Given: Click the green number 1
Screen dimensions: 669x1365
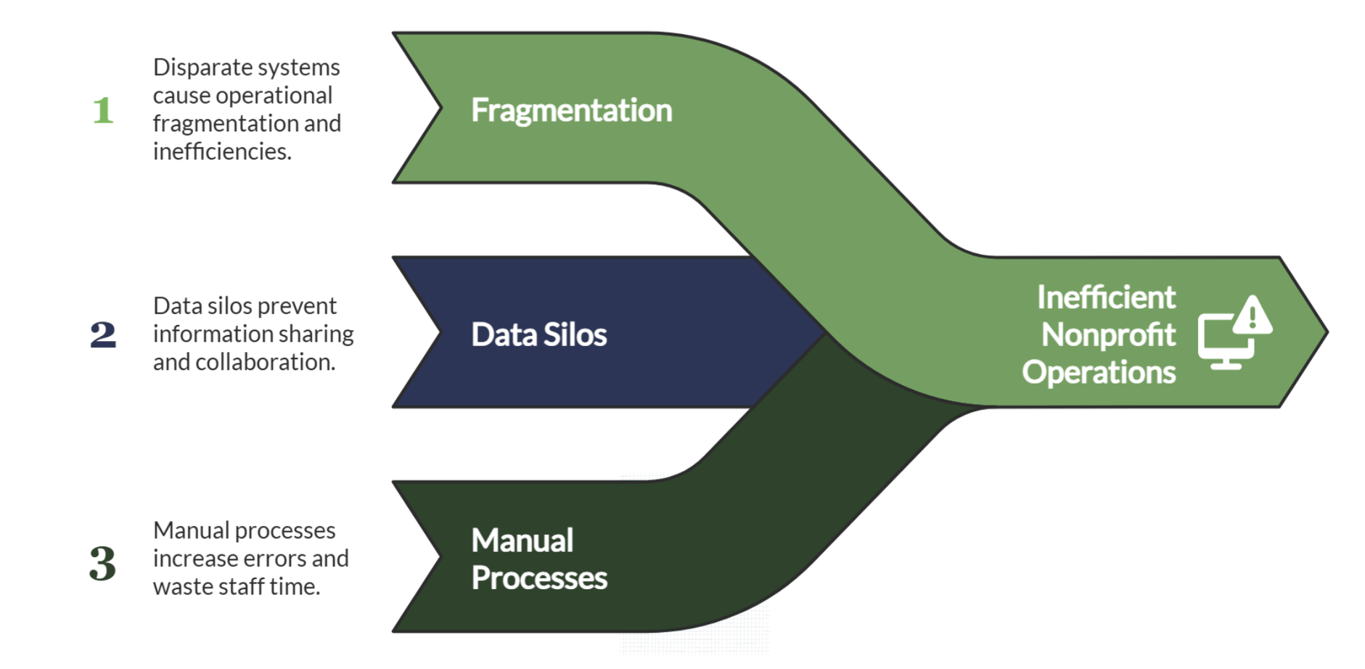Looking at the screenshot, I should tap(104, 110).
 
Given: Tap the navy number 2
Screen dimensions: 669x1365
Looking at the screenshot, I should tap(103, 334).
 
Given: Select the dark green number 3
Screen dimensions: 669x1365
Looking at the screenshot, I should tap(102, 563).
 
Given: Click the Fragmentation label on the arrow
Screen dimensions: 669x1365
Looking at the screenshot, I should tap(571, 110).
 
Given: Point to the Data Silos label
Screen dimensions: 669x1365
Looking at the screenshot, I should tap(538, 334).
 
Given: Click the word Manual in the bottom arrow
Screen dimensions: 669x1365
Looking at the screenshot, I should tap(522, 541).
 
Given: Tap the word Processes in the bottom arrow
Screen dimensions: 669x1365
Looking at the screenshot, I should tap(538, 578).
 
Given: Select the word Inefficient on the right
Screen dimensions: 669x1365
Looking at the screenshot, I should tap(1105, 297).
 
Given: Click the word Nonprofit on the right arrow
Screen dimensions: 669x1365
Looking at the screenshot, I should tap(1108, 335).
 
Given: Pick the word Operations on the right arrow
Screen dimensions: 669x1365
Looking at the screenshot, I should tap(1098, 372).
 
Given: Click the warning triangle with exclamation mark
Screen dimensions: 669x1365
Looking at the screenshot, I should tap(1252, 316).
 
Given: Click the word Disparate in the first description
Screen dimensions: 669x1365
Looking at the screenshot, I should tap(192, 67).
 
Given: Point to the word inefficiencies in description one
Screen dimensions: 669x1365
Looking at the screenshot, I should tap(221, 152).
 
